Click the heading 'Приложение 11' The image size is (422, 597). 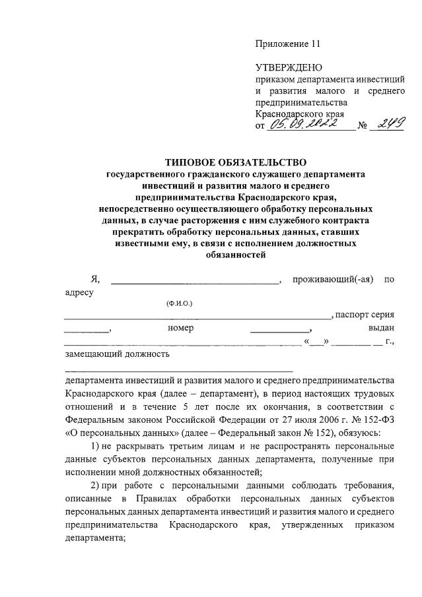pyautogui.click(x=288, y=44)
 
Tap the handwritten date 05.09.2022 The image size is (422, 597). pyautogui.click(x=306, y=123)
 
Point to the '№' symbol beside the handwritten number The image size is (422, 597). pyautogui.click(x=362, y=125)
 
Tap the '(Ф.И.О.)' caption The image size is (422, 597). pyautogui.click(x=179, y=303)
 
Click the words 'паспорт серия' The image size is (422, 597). pyautogui.click(x=365, y=315)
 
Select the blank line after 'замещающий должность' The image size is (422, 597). pyautogui.click(x=178, y=367)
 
